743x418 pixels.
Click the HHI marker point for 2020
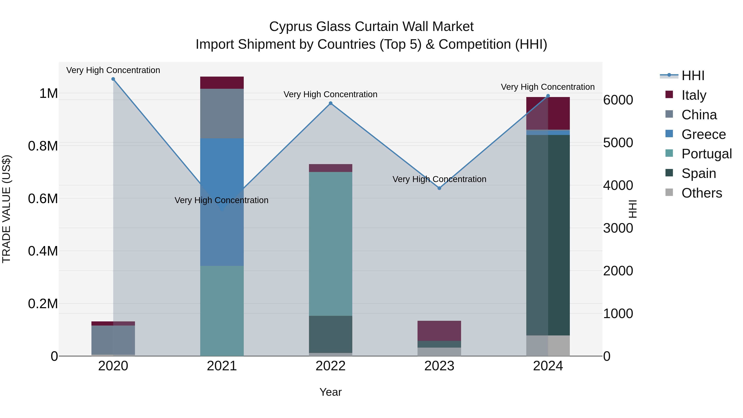coord(113,79)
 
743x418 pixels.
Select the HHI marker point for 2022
coord(331,103)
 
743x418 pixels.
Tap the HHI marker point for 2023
coord(439,188)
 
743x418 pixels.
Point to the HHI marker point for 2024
coord(548,96)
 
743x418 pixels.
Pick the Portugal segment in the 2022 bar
coord(331,244)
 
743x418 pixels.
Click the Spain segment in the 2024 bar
coord(548,235)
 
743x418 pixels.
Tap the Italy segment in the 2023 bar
coord(439,331)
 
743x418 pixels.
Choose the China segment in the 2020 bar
coord(113,340)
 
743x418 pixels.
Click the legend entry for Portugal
coord(706,154)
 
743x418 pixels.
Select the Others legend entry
coord(702,193)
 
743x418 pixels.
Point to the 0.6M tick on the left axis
coord(43,198)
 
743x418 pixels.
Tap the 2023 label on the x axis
coord(439,366)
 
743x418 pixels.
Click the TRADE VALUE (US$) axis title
coord(6,209)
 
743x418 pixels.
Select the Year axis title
coord(331,392)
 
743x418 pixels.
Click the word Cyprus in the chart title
coord(290,27)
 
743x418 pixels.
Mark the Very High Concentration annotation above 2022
coord(331,94)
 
